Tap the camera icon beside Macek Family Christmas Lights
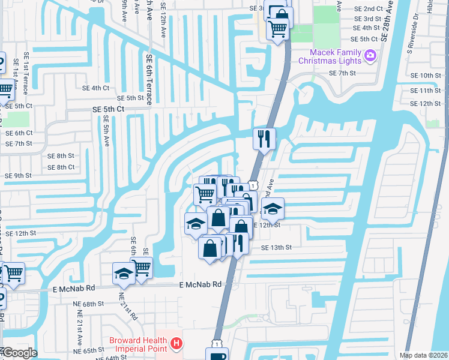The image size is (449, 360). (370, 56)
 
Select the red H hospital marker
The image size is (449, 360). (176, 344)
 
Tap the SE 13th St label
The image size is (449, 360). (276, 247)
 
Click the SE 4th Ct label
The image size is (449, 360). (96, 88)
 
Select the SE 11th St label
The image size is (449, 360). (427, 90)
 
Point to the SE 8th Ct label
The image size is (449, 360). (61, 167)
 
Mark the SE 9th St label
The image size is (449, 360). (18, 176)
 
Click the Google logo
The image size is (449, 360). (19, 353)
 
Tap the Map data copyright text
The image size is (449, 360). (423, 355)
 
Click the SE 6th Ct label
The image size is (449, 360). (19, 133)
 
